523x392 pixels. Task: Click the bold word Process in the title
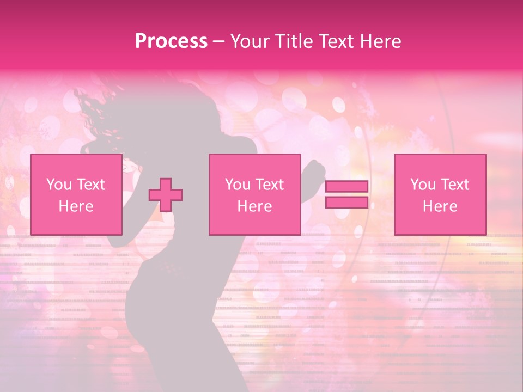(x=171, y=41)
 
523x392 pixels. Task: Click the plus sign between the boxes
(x=166, y=195)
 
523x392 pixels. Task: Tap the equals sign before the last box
(x=346, y=194)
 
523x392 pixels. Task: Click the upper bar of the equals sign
(x=346, y=187)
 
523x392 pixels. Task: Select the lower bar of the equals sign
(x=346, y=202)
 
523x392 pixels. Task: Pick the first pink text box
(x=76, y=194)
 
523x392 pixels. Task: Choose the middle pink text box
(x=254, y=194)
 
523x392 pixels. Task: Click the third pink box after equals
(x=440, y=194)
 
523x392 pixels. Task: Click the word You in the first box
(x=58, y=185)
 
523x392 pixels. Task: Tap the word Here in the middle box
(x=254, y=206)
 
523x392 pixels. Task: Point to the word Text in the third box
(x=455, y=185)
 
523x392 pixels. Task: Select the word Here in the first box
(x=76, y=206)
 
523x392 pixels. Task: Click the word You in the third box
(x=422, y=185)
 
